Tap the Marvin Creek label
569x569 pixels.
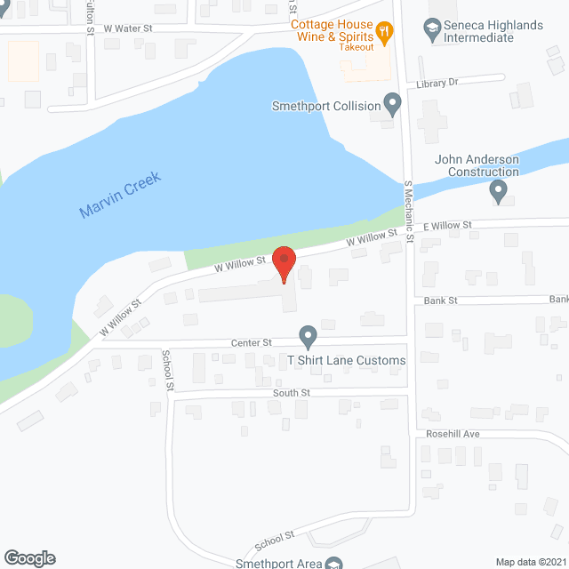point(119,196)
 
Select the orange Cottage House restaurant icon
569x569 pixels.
point(384,34)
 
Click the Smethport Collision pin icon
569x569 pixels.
point(392,105)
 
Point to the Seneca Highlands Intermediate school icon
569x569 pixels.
point(433,30)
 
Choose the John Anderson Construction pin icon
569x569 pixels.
point(498,190)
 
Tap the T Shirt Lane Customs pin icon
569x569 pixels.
point(308,337)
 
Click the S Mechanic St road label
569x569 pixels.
point(410,212)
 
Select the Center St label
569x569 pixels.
point(252,342)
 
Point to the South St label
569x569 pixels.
point(292,392)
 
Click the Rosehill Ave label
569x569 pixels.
point(457,434)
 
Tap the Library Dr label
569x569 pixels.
point(436,83)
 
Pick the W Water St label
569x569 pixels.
point(129,28)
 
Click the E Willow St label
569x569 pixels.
point(447,226)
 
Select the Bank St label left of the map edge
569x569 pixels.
point(439,301)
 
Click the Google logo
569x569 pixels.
point(29,557)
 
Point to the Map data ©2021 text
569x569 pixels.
point(530,561)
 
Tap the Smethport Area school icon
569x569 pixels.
point(333,564)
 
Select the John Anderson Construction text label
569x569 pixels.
point(477,165)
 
